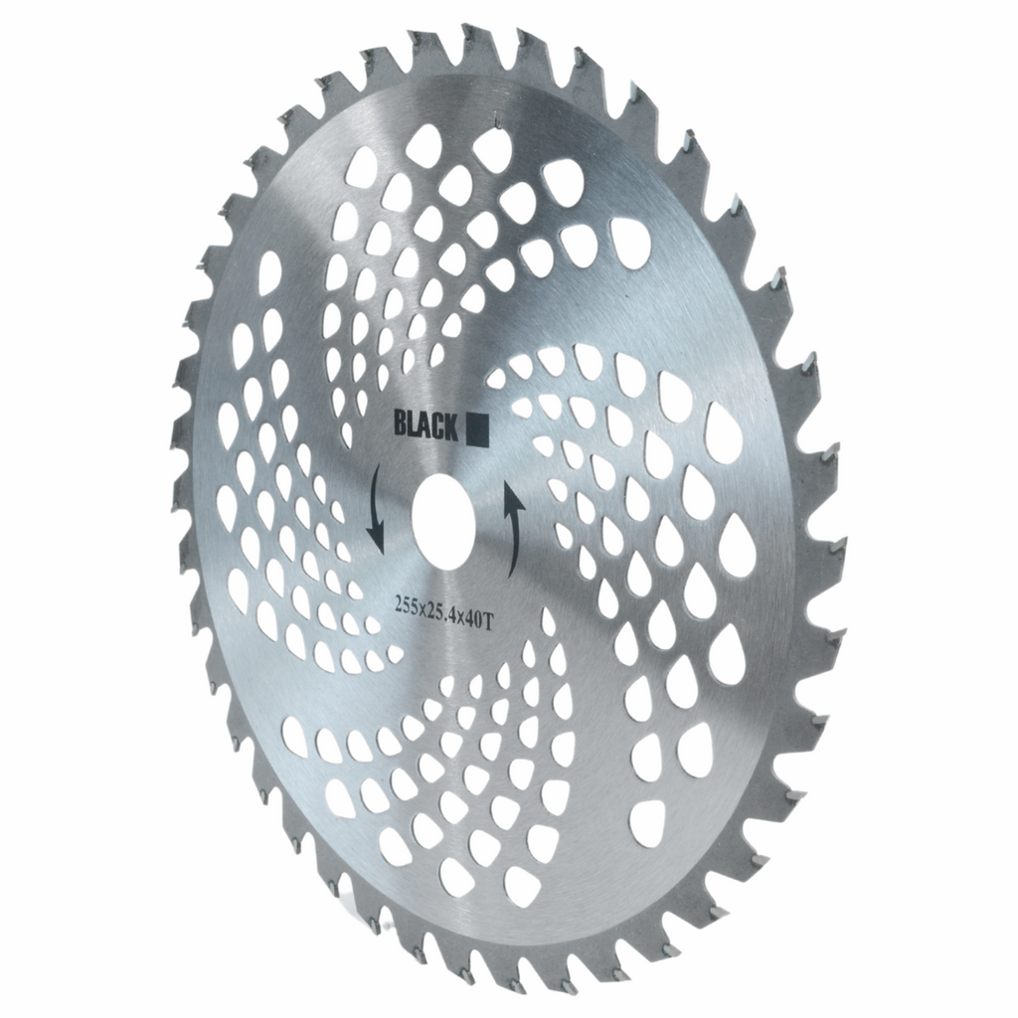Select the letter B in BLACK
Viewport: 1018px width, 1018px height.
[400, 424]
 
